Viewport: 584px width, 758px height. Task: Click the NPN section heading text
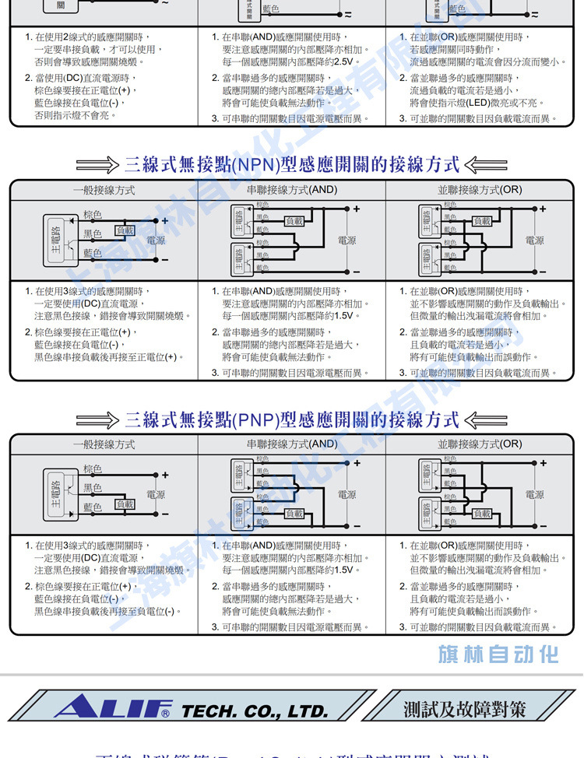(292, 165)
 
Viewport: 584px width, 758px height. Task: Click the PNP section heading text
(292, 420)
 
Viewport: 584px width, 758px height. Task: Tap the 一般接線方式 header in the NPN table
(104, 190)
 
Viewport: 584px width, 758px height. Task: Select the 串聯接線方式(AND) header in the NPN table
(292, 190)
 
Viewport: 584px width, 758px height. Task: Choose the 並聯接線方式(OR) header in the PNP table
(480, 444)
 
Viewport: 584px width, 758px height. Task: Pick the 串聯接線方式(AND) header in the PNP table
(292, 444)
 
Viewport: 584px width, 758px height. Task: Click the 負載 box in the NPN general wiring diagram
(125, 230)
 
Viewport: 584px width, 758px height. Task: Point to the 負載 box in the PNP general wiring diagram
(125, 504)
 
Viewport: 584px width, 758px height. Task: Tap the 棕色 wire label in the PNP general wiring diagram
(93, 469)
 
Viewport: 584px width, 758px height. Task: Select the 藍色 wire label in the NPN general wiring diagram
(93, 253)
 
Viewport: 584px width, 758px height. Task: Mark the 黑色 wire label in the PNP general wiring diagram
(93, 488)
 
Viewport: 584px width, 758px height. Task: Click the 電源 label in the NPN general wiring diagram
(156, 240)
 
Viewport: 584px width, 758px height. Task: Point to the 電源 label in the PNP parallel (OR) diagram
(534, 495)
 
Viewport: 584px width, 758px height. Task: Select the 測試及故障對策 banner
(465, 709)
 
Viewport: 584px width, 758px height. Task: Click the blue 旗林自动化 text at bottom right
(499, 654)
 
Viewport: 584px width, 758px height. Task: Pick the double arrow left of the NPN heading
(97, 165)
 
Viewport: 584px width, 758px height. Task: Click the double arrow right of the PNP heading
(485, 420)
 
